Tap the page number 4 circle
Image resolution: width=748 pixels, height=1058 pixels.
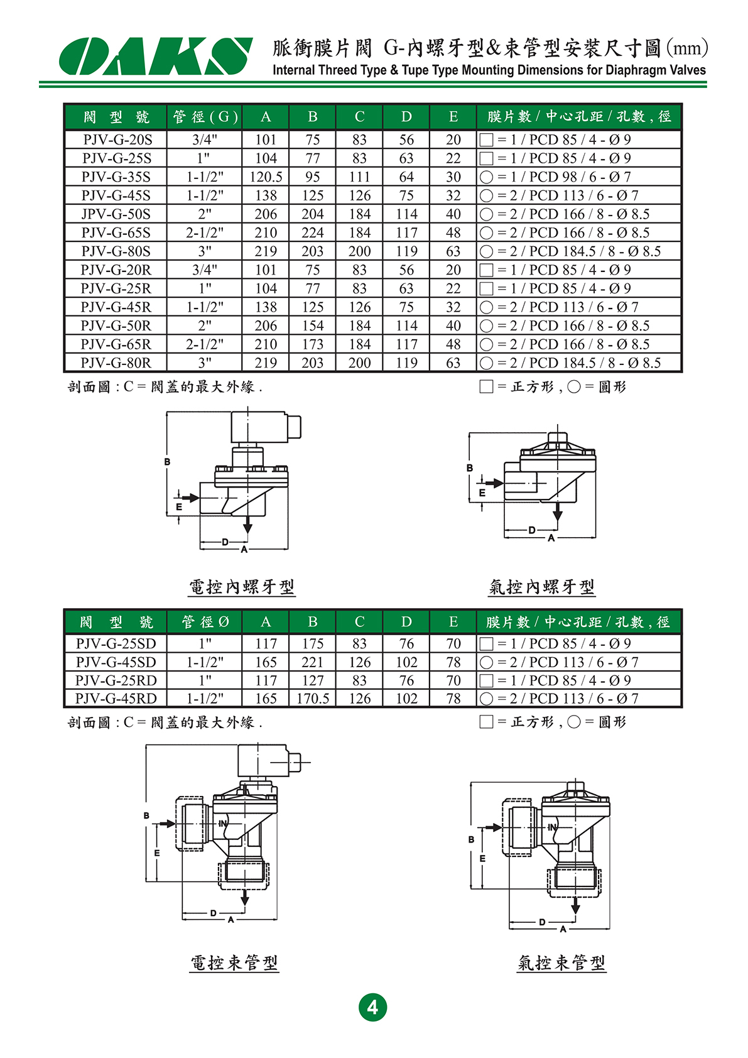click(x=372, y=1007)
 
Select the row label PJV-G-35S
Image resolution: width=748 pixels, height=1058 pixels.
click(x=116, y=177)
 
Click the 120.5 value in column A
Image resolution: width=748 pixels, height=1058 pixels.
click(x=266, y=177)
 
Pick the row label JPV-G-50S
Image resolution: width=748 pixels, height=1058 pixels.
click(x=116, y=214)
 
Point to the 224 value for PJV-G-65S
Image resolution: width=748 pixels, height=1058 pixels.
click(x=313, y=233)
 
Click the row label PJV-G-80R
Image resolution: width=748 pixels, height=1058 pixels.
click(x=116, y=363)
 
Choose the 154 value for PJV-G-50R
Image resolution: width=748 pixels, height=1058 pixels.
click(x=313, y=326)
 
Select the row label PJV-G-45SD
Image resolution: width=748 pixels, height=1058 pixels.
click(x=116, y=662)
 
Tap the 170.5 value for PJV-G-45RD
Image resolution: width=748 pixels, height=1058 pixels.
click(x=313, y=699)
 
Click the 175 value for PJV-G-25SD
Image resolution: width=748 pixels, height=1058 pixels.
click(x=313, y=644)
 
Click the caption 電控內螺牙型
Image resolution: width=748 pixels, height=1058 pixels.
click(x=242, y=587)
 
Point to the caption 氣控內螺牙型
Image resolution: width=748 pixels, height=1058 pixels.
click(x=541, y=587)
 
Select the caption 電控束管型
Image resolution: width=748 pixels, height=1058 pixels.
click(x=234, y=963)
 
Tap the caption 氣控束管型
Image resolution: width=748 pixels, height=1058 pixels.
click(x=561, y=963)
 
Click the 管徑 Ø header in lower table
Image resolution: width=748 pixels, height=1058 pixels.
click(x=205, y=622)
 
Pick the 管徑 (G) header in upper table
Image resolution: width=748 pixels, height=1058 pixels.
click(x=205, y=117)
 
